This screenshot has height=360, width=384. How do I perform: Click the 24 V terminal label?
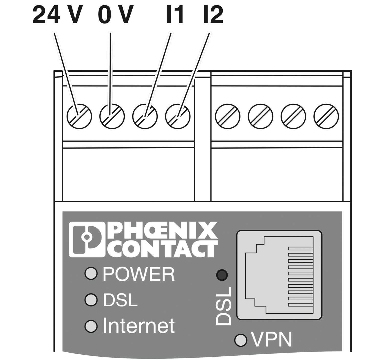pyautogui.click(x=58, y=14)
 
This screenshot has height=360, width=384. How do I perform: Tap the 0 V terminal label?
pyautogui.click(x=116, y=14)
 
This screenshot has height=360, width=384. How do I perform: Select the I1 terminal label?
pyautogui.click(x=175, y=14)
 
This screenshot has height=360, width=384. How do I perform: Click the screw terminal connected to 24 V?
pyautogui.click(x=79, y=116)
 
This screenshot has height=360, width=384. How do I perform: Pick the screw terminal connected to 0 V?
pyautogui.click(x=112, y=116)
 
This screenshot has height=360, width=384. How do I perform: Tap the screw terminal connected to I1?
pyautogui.click(x=145, y=116)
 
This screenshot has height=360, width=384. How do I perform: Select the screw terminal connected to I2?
pyautogui.click(x=178, y=116)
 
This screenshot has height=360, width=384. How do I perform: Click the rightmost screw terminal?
pyautogui.click(x=326, y=116)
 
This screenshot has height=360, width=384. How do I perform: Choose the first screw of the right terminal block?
pyautogui.click(x=228, y=116)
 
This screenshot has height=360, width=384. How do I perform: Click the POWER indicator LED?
pyautogui.click(x=91, y=273)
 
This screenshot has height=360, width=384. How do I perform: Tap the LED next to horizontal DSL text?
pyautogui.click(x=91, y=300)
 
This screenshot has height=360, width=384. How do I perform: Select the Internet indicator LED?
pyautogui.click(x=91, y=326)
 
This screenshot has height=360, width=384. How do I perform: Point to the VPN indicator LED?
pyautogui.click(x=241, y=340)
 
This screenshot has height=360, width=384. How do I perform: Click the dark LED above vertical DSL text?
pyautogui.click(x=222, y=275)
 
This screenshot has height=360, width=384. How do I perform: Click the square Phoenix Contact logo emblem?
pyautogui.click(x=87, y=239)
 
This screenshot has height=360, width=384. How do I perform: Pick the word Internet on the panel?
pyautogui.click(x=139, y=326)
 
